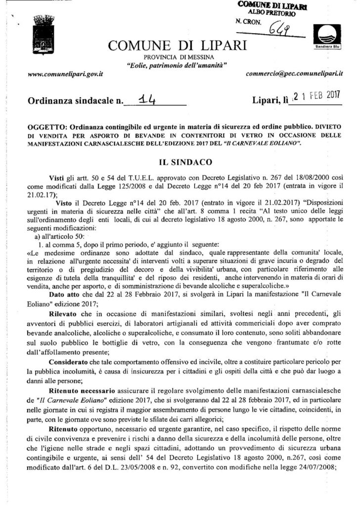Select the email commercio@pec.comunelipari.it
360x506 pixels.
294,74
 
